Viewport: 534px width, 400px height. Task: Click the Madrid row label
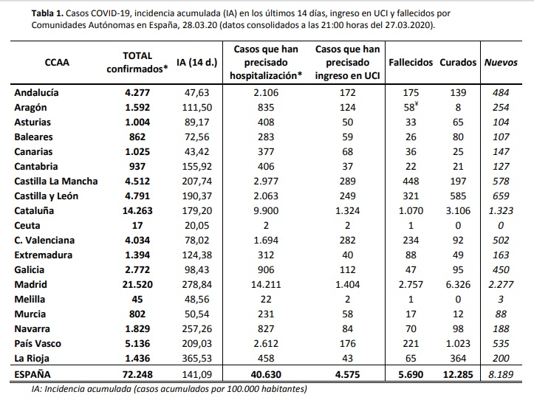30,284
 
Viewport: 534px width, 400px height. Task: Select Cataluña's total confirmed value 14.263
137,211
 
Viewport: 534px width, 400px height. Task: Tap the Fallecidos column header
411,62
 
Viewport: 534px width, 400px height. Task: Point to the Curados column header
458,62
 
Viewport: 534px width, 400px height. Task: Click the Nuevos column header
501,62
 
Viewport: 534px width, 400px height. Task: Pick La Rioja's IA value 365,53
197,359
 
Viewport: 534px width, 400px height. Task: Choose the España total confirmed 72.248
137,374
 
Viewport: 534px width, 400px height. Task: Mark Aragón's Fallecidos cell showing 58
411,107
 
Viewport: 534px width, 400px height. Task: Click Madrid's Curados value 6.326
458,284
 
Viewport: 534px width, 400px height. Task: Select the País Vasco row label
38,343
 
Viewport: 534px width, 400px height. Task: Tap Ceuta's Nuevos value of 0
501,225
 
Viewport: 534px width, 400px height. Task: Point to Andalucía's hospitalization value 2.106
266,92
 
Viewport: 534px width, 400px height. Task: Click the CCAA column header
57,62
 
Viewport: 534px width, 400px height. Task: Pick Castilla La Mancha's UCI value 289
347,181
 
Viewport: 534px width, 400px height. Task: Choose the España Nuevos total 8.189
501,374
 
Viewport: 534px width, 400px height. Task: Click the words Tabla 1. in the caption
47,13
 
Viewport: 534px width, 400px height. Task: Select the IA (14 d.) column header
197,63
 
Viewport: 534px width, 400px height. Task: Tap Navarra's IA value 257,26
197,329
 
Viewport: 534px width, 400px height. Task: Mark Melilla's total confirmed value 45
137,299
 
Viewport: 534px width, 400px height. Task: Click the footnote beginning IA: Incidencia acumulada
169,389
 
